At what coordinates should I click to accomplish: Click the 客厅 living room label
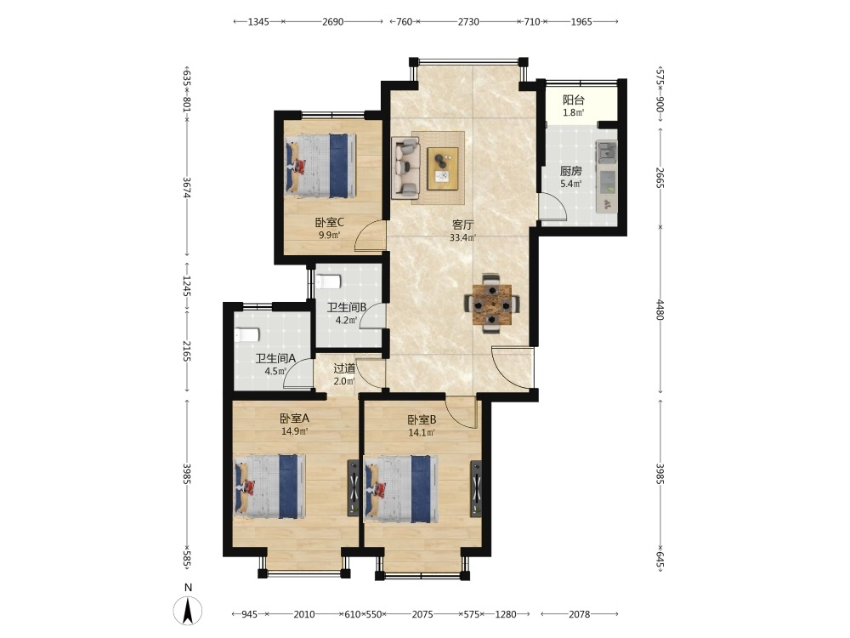pos(463,225)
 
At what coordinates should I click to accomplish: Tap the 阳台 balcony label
pos(574,100)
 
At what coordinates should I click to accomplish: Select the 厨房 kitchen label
pos(571,171)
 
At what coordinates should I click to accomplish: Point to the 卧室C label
pos(330,222)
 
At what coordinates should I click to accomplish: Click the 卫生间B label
pos(347,307)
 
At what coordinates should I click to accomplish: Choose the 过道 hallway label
pos(344,368)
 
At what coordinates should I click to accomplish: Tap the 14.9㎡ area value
pos(294,432)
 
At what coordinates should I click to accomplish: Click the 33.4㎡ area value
pos(463,237)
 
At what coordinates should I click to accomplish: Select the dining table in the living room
pos(491,305)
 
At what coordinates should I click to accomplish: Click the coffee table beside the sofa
pos(442,168)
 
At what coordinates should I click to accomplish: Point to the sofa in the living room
pos(405,167)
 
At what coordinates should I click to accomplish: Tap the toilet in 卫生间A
pos(247,334)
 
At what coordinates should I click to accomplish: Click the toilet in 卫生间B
pos(328,282)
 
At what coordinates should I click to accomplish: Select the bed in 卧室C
pos(320,166)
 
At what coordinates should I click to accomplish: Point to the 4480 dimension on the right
pos(660,310)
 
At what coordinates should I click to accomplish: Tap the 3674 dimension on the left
pos(187,187)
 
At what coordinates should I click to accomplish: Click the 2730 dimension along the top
pos(468,22)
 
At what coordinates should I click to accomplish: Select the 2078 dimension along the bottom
pos(579,614)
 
